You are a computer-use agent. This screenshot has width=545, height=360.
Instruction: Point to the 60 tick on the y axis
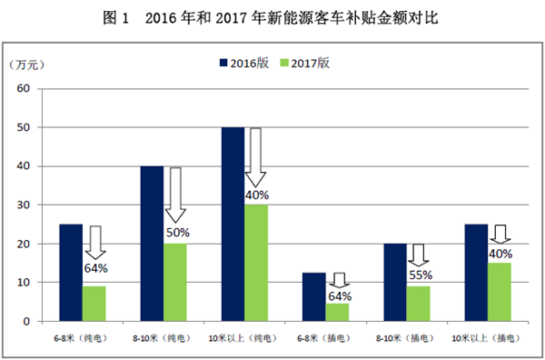coord(25,89)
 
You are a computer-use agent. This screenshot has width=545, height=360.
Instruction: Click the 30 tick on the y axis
coord(25,205)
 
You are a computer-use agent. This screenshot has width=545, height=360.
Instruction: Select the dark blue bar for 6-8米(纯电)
coord(72,273)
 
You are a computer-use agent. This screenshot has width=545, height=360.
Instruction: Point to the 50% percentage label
coord(177,234)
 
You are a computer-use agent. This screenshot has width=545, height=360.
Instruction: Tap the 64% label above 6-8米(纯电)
coord(95,269)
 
